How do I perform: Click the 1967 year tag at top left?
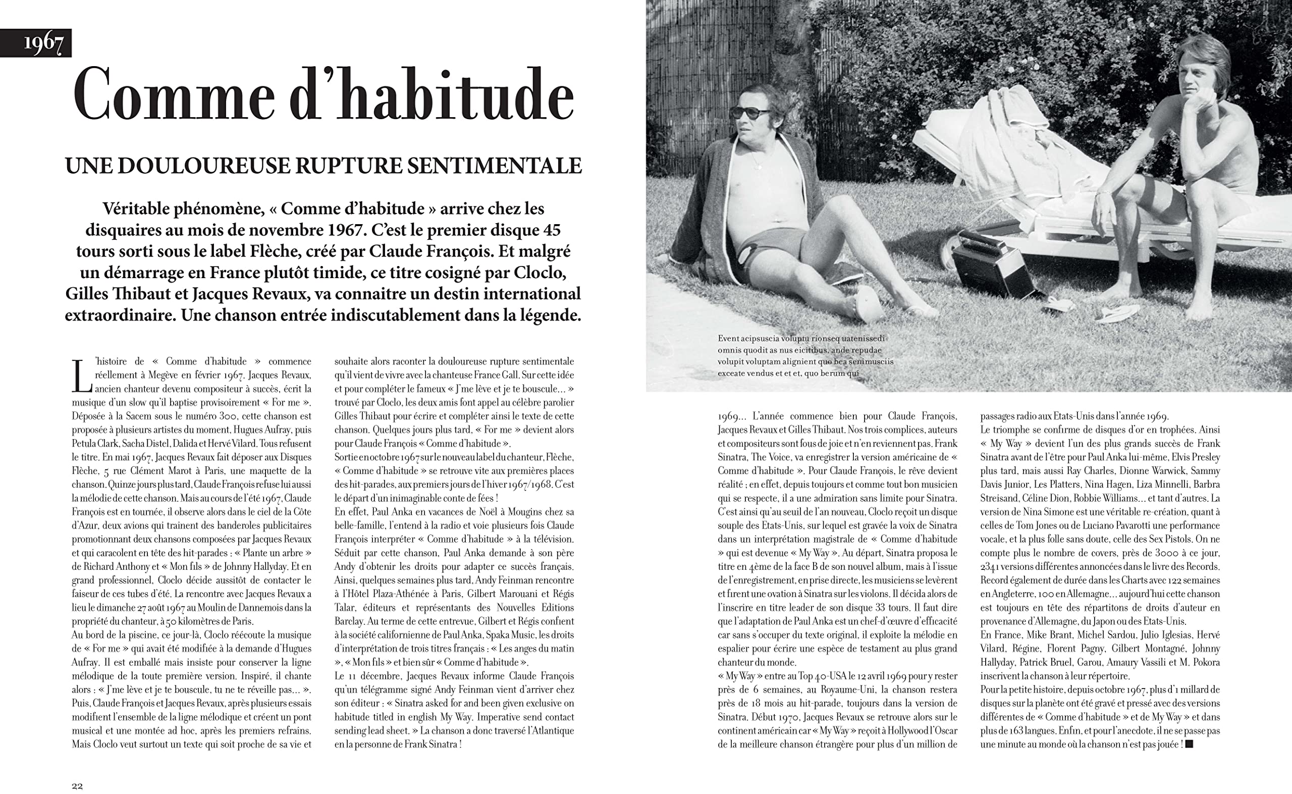(43, 43)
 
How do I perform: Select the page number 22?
(77, 785)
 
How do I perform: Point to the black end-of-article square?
(1189, 744)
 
